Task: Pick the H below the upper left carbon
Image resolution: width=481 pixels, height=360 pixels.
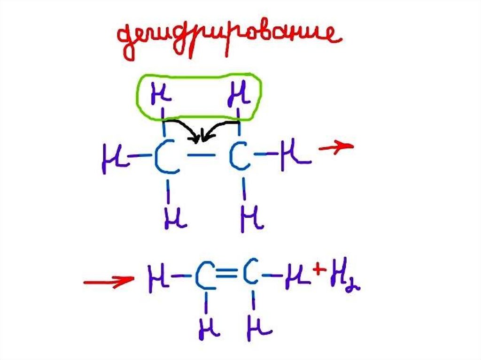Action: point(175,216)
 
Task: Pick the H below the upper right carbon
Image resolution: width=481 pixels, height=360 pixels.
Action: point(251,217)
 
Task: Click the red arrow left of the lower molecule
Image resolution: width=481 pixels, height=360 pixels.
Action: point(108,281)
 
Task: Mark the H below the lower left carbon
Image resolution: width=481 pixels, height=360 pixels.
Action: point(208,328)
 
